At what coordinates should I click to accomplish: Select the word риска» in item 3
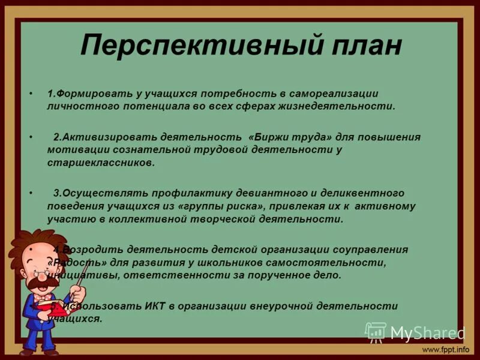tap(243, 206)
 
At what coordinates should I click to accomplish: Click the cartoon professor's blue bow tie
tap(43, 296)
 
